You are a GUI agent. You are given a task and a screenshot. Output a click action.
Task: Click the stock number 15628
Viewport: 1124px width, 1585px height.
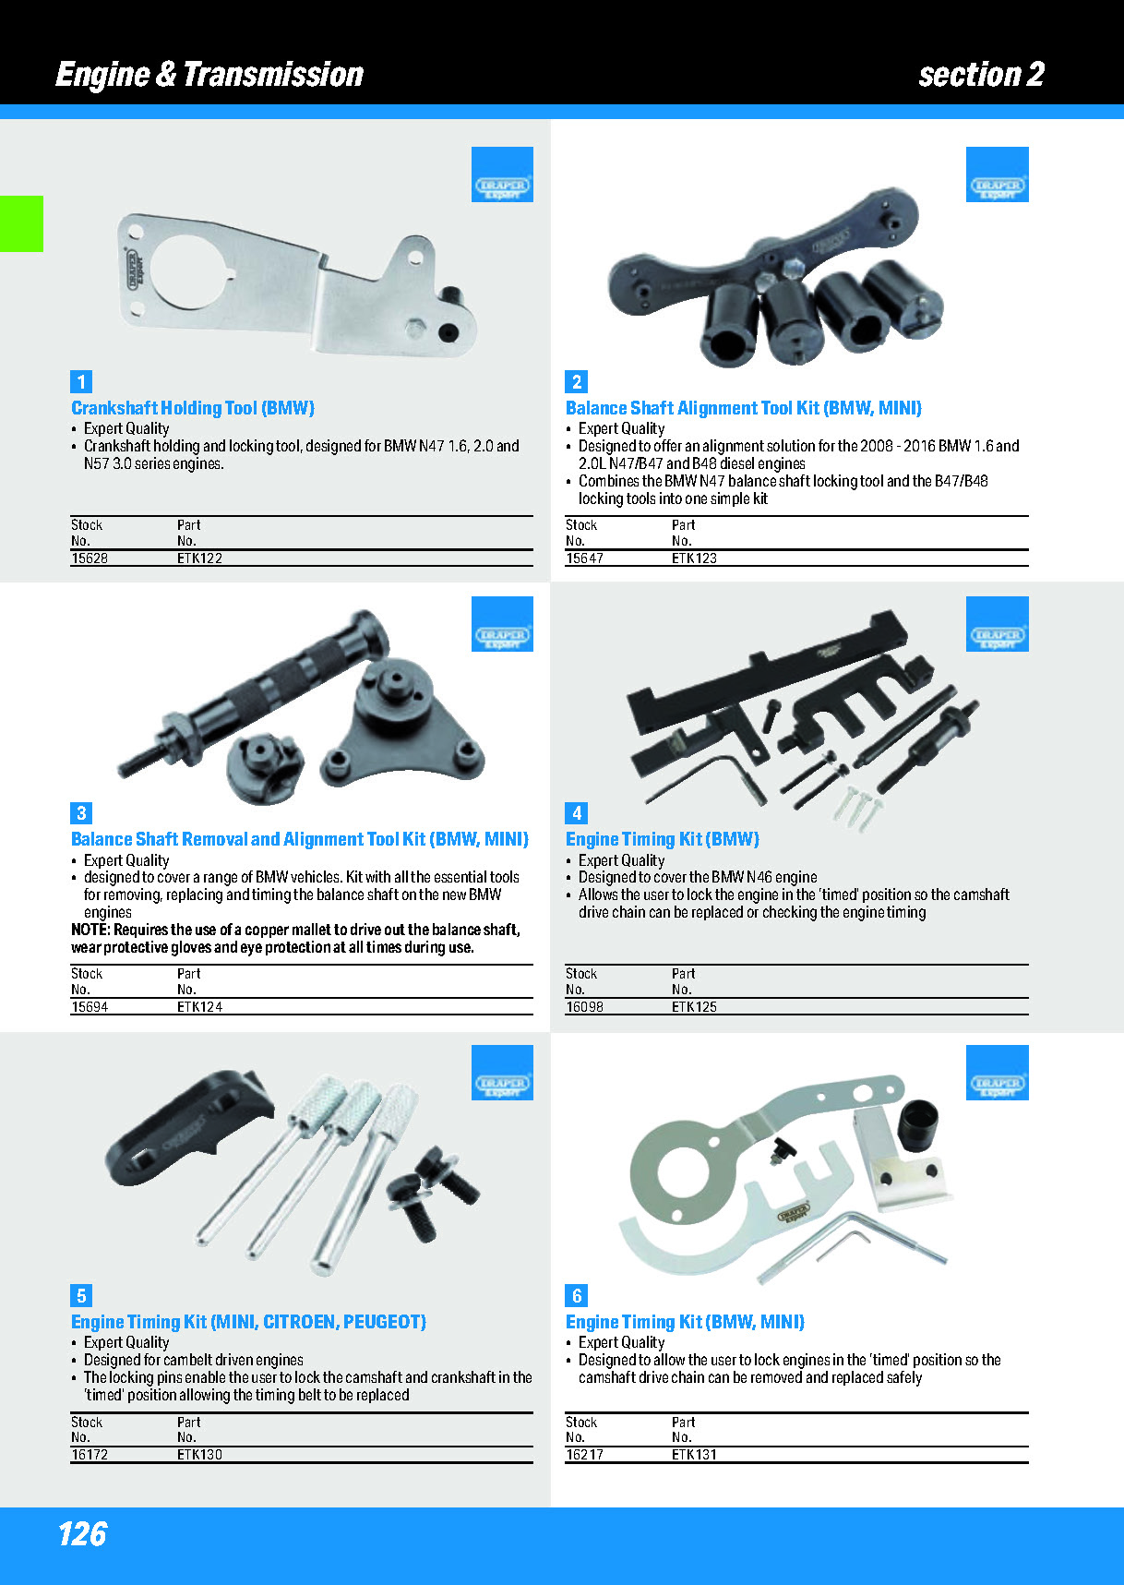90,558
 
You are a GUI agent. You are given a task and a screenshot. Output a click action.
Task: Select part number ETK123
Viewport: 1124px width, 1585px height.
694,558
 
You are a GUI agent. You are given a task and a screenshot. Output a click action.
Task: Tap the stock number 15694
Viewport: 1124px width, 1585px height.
90,1007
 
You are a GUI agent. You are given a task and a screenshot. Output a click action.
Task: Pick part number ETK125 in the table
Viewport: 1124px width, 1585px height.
694,1007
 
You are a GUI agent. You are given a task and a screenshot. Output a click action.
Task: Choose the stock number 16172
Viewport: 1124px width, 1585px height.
90,1455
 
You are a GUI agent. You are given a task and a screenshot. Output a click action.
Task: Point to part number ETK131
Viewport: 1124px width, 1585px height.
694,1455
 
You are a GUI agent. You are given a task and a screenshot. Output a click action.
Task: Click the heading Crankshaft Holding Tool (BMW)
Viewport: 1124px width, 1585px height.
193,408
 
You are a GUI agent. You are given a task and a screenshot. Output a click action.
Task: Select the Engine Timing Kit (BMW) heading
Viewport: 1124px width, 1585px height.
663,839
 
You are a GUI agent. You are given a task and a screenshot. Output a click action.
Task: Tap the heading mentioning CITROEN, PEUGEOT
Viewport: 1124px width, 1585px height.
248,1322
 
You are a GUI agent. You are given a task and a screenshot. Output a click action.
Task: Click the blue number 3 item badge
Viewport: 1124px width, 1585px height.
81,813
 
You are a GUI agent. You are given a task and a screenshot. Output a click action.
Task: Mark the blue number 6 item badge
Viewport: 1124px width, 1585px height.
577,1296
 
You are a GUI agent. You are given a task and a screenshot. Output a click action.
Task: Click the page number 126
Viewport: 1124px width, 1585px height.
82,1534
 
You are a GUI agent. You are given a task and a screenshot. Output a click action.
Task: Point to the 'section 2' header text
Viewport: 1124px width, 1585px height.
981,74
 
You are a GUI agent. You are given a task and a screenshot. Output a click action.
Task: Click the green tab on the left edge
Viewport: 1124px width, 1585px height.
21,223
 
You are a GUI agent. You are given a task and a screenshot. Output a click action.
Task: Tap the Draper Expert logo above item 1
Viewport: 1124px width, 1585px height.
502,174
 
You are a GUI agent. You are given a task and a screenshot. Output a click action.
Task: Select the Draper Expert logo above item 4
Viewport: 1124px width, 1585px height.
997,624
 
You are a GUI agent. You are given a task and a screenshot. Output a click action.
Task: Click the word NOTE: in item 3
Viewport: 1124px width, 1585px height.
90,930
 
